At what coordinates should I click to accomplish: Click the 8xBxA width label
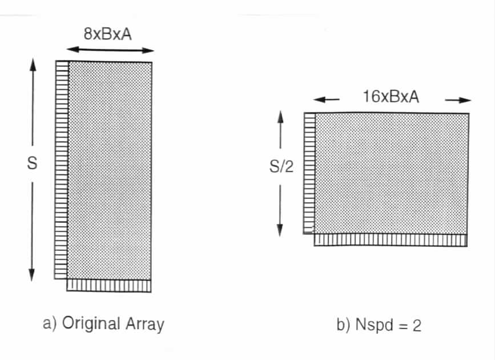[108, 34]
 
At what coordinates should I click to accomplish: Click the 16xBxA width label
[391, 97]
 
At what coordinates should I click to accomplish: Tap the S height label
[32, 163]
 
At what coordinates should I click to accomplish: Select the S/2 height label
[281, 166]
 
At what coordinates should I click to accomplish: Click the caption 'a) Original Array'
[103, 324]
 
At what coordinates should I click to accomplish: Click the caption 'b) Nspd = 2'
[379, 325]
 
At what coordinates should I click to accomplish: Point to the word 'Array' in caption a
[145, 325]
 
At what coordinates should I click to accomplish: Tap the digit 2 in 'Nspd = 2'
[417, 326]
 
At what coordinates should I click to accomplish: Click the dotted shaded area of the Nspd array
[392, 174]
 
